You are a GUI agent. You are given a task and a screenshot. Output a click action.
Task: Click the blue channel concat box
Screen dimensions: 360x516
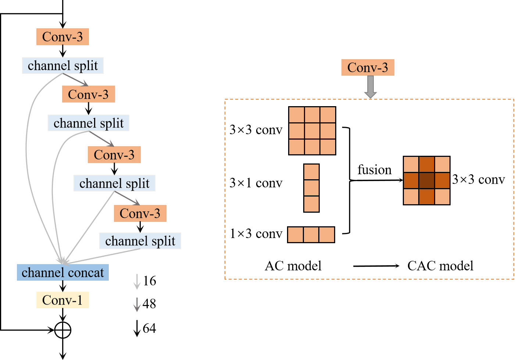[x=62, y=273]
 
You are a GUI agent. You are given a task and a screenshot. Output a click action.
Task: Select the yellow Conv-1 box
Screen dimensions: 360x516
[x=62, y=300]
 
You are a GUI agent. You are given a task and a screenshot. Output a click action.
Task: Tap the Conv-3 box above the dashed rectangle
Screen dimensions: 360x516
[x=368, y=68]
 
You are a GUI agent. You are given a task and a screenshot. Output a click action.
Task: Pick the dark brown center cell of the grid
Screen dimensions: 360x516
[x=427, y=180]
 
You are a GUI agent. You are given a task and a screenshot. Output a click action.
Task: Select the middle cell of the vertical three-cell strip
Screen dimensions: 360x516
[x=311, y=188]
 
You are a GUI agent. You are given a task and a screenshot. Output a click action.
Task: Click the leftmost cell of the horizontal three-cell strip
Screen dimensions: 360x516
[x=295, y=235]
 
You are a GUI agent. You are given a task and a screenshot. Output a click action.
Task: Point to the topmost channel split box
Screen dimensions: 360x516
[x=62, y=66]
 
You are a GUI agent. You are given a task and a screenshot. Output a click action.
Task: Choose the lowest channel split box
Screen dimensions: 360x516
[x=140, y=241]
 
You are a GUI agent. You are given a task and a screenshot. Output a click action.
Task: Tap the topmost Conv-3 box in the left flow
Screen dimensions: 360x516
[x=62, y=37]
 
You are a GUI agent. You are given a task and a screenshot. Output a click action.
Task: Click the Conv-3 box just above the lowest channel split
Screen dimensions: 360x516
[x=140, y=213]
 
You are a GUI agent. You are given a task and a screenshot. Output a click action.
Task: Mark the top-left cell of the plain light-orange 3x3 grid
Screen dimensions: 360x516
[x=297, y=115]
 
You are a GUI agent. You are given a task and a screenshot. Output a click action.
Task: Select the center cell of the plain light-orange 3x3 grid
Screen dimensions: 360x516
[x=312, y=131]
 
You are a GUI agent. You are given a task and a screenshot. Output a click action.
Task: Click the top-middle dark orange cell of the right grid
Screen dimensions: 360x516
[x=427, y=164]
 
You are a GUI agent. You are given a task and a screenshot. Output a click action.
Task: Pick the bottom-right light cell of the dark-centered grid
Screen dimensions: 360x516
[x=442, y=197]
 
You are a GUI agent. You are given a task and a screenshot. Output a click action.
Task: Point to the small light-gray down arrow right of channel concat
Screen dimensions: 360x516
[x=137, y=282]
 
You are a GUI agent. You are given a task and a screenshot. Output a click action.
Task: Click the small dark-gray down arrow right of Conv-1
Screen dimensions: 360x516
[x=137, y=305]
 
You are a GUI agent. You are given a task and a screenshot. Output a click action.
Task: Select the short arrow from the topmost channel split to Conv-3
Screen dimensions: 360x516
[x=76, y=80]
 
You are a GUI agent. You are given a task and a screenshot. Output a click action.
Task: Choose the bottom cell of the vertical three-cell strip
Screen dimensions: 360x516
[x=311, y=204]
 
